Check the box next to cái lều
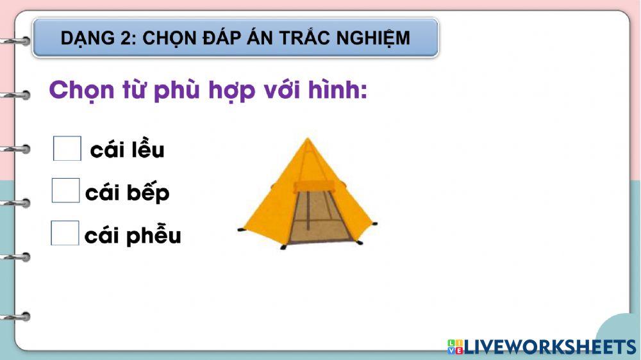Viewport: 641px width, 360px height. (x=67, y=149)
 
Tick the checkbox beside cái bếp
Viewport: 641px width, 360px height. (x=65, y=191)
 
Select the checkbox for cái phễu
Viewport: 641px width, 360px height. (x=65, y=233)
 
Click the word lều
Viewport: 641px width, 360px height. (x=148, y=149)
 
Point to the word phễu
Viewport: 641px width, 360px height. (x=154, y=236)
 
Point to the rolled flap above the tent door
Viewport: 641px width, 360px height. (x=313, y=186)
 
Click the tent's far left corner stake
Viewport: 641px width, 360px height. (x=241, y=229)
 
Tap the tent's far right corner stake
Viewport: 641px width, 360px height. (x=374, y=224)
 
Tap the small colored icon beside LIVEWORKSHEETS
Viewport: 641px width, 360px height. (x=455, y=347)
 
